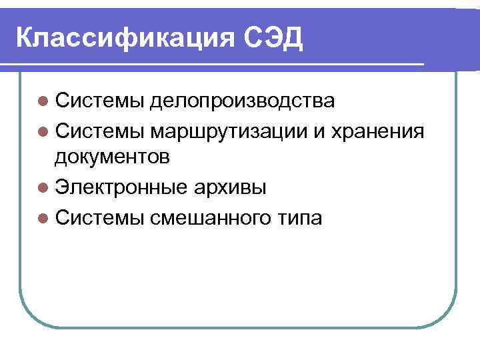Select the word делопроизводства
tap(242, 101)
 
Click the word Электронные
tap(121, 187)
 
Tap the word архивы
tap(229, 187)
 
